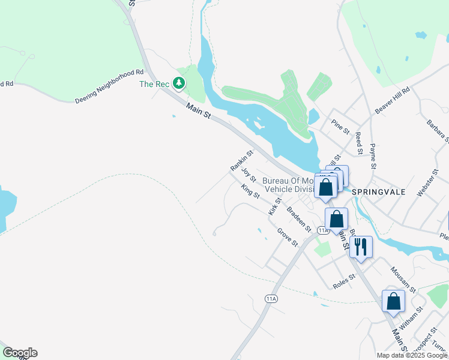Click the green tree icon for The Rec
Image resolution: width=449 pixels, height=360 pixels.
pyautogui.click(x=178, y=83)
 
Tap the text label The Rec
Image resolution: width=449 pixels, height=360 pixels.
pyautogui.click(x=155, y=85)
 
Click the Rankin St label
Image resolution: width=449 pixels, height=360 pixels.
pyautogui.click(x=242, y=160)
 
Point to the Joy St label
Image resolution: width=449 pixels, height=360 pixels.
pyautogui.click(x=249, y=175)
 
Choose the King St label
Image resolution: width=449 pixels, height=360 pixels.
pyautogui.click(x=250, y=191)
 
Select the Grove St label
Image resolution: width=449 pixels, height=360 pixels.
pyautogui.click(x=287, y=236)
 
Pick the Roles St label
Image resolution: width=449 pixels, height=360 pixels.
pyautogui.click(x=344, y=280)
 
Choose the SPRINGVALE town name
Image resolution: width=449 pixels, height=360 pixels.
pyautogui.click(x=379, y=192)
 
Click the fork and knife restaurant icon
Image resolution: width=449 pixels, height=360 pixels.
pyautogui.click(x=361, y=246)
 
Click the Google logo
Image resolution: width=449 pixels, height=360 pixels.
pyautogui.click(x=20, y=353)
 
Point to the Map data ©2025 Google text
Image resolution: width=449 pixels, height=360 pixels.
pyautogui.click(x=412, y=355)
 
